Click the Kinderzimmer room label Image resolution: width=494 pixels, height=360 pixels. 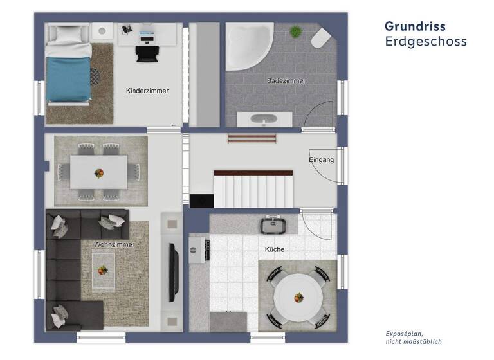point(147,91)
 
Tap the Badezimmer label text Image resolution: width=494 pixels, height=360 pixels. point(286,80)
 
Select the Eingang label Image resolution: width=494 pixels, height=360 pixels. point(322,160)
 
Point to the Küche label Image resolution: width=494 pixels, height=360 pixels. point(274,249)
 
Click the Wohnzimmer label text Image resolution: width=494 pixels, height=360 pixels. point(113,244)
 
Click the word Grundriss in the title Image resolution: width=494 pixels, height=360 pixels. point(415,26)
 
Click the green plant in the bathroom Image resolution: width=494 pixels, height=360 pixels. point(295,31)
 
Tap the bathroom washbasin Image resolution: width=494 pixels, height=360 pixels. point(264,120)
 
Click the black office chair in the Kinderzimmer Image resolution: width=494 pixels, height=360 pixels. point(146,50)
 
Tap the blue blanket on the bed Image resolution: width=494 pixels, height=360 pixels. point(67,78)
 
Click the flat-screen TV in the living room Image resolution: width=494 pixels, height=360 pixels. point(173,273)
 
